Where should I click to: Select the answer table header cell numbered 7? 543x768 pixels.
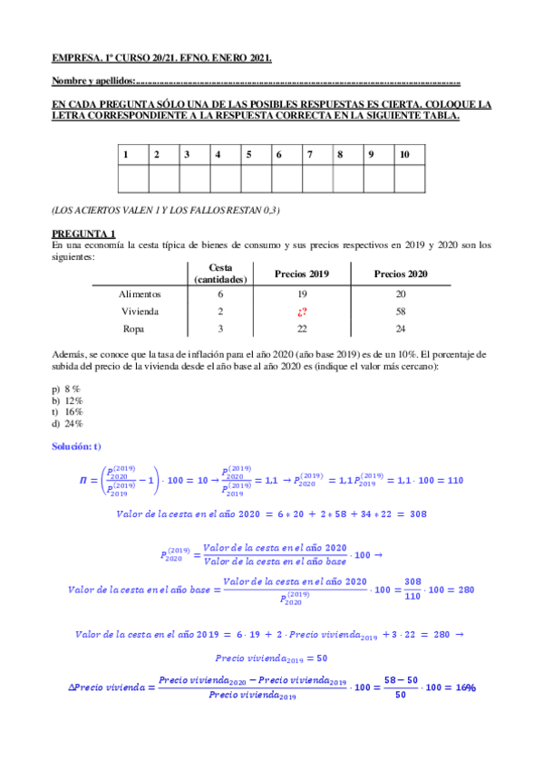[x=310, y=155]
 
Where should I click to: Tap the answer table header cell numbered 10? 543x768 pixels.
[x=404, y=155]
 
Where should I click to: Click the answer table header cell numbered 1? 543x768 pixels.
[x=125, y=155]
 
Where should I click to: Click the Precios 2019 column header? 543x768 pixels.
[x=302, y=274]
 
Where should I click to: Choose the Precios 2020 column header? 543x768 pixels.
[x=402, y=274]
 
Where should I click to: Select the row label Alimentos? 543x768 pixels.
[x=140, y=294]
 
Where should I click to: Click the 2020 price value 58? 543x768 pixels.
[x=402, y=311]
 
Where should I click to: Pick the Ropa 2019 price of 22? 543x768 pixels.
[x=302, y=329]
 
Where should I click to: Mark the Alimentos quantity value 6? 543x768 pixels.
[x=220, y=294]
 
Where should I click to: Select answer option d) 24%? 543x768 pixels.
[x=68, y=423]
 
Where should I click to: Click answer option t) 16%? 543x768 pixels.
[x=68, y=411]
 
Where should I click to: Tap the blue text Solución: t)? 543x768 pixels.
[x=77, y=447]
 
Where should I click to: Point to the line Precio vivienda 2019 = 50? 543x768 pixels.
[x=271, y=658]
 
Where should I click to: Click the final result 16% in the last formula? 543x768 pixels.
[x=465, y=687]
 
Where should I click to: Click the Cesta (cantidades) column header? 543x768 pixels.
[x=220, y=274]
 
